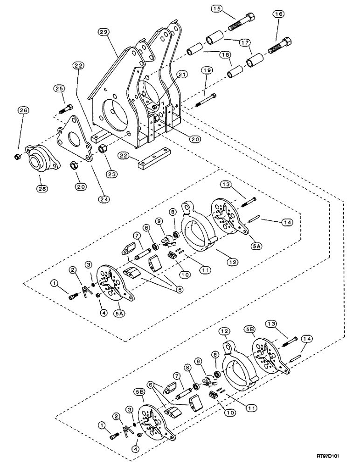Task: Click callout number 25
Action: pyautogui.click(x=59, y=89)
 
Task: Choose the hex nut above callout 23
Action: pyautogui.click(x=104, y=148)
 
